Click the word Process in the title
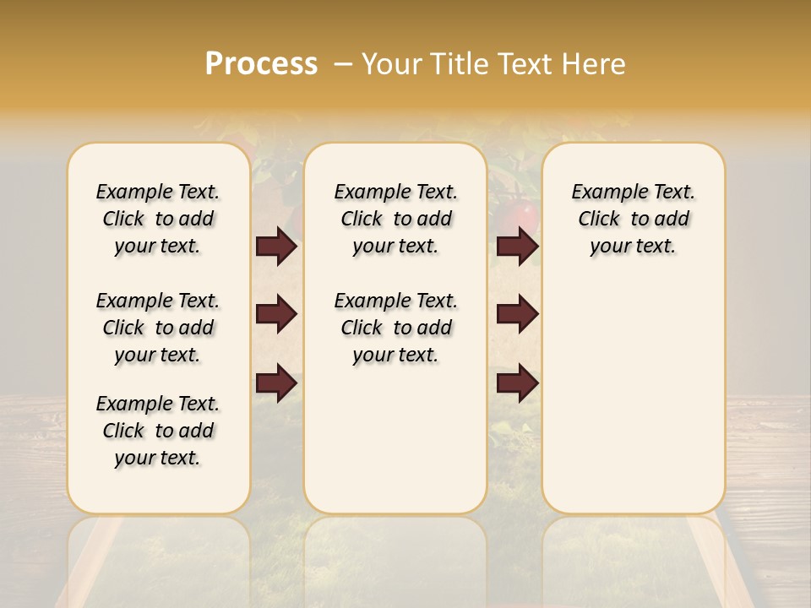coord(261,64)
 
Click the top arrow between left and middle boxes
coord(276,247)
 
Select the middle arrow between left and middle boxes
coord(276,314)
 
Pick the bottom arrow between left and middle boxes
coord(276,383)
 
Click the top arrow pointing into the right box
coord(517,247)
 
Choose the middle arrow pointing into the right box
coord(517,314)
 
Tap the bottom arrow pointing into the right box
coord(517,383)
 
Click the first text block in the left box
coord(158,219)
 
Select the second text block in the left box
coord(158,328)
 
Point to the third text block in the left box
coord(158,431)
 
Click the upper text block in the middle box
coord(395,219)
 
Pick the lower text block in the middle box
coord(395,328)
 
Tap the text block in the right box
coord(633,219)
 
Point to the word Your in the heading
coord(388,64)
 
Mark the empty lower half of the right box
coord(633,405)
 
